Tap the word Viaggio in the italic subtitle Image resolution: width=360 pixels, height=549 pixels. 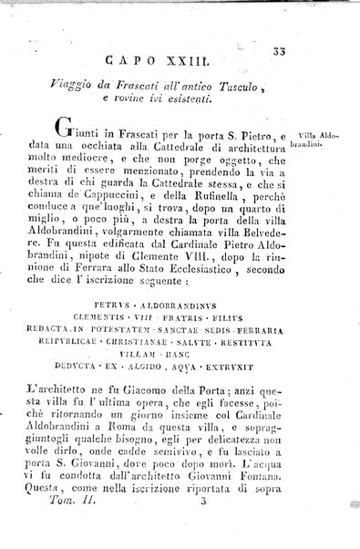click(81, 85)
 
